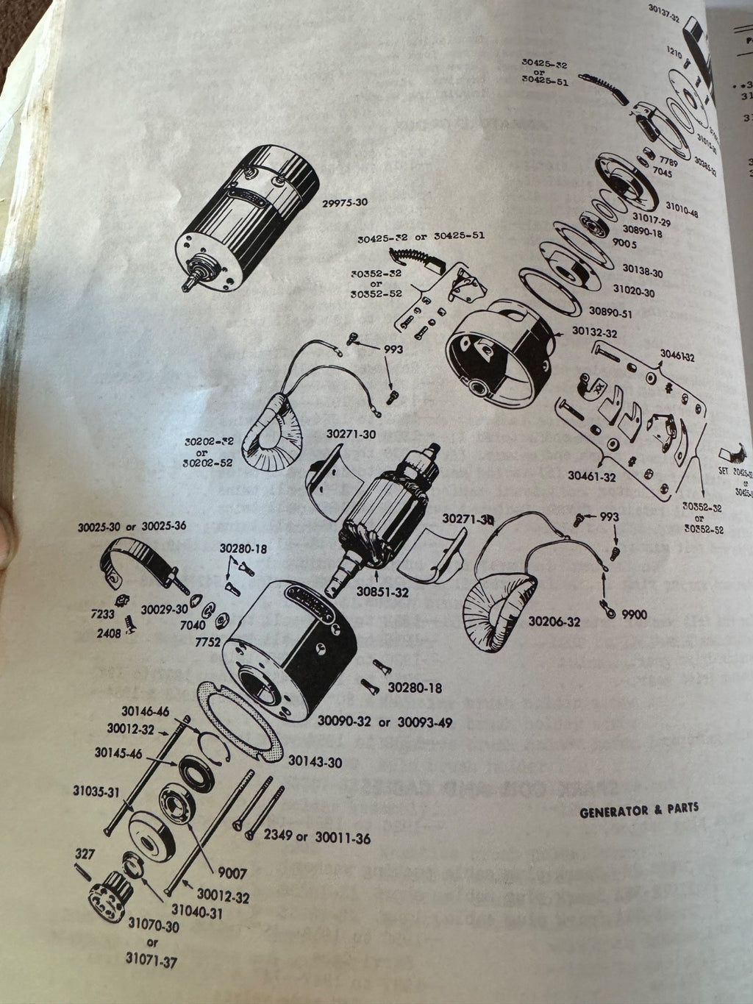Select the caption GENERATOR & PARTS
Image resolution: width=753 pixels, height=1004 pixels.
pos(639,810)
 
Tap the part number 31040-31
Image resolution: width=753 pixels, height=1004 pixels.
pos(202,911)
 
